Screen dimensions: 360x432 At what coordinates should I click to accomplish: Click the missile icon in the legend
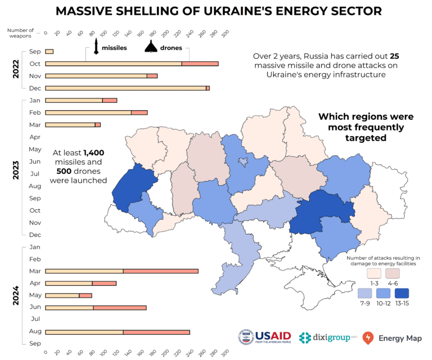click(x=97, y=47)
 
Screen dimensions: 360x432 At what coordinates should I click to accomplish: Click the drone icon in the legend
click(x=151, y=48)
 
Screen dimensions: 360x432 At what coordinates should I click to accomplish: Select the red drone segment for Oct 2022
click(x=200, y=64)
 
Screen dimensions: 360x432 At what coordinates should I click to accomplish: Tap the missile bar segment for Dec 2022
click(x=125, y=88)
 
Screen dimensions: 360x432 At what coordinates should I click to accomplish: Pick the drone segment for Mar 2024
click(x=160, y=271)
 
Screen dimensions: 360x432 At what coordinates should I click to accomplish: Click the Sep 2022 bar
click(x=49, y=52)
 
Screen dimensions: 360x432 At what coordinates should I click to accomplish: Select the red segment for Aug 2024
click(x=156, y=332)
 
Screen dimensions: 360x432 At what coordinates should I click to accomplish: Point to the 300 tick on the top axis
click(x=225, y=34)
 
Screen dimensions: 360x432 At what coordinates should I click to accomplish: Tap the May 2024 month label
click(x=34, y=295)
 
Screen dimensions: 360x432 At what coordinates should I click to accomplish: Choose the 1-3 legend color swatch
click(x=374, y=273)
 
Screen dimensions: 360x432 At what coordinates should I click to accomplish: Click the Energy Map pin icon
click(x=368, y=337)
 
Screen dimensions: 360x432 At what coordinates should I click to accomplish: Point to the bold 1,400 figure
click(x=94, y=152)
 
